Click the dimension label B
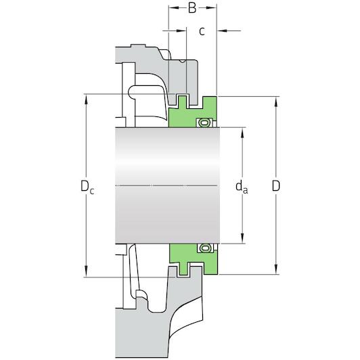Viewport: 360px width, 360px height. click(192, 8)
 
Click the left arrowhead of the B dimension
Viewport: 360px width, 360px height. click(171, 8)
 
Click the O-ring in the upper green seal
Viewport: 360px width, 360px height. click(203, 123)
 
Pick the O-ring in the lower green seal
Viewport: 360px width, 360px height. click(203, 248)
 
